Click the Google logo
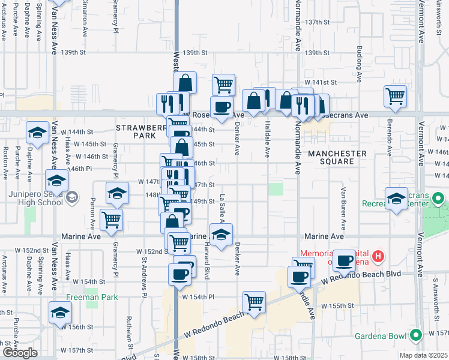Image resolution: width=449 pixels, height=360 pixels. (20, 353)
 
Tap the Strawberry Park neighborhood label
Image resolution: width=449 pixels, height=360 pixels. (139, 132)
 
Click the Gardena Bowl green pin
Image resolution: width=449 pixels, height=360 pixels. (415, 335)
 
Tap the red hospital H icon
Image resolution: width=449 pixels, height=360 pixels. (378, 257)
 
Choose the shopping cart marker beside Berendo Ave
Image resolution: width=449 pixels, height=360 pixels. (396, 96)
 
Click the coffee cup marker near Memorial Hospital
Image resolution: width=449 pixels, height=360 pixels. (344, 260)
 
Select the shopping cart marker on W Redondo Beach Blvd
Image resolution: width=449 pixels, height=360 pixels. (255, 302)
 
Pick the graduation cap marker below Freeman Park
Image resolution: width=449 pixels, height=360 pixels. (60, 313)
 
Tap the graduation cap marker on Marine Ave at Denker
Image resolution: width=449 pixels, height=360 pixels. (221, 235)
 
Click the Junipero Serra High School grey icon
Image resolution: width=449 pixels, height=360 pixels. (71, 197)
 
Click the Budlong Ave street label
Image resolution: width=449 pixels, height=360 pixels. (360, 57)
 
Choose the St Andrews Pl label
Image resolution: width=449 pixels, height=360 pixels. (144, 277)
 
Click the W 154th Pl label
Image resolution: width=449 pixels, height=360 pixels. (197, 296)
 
